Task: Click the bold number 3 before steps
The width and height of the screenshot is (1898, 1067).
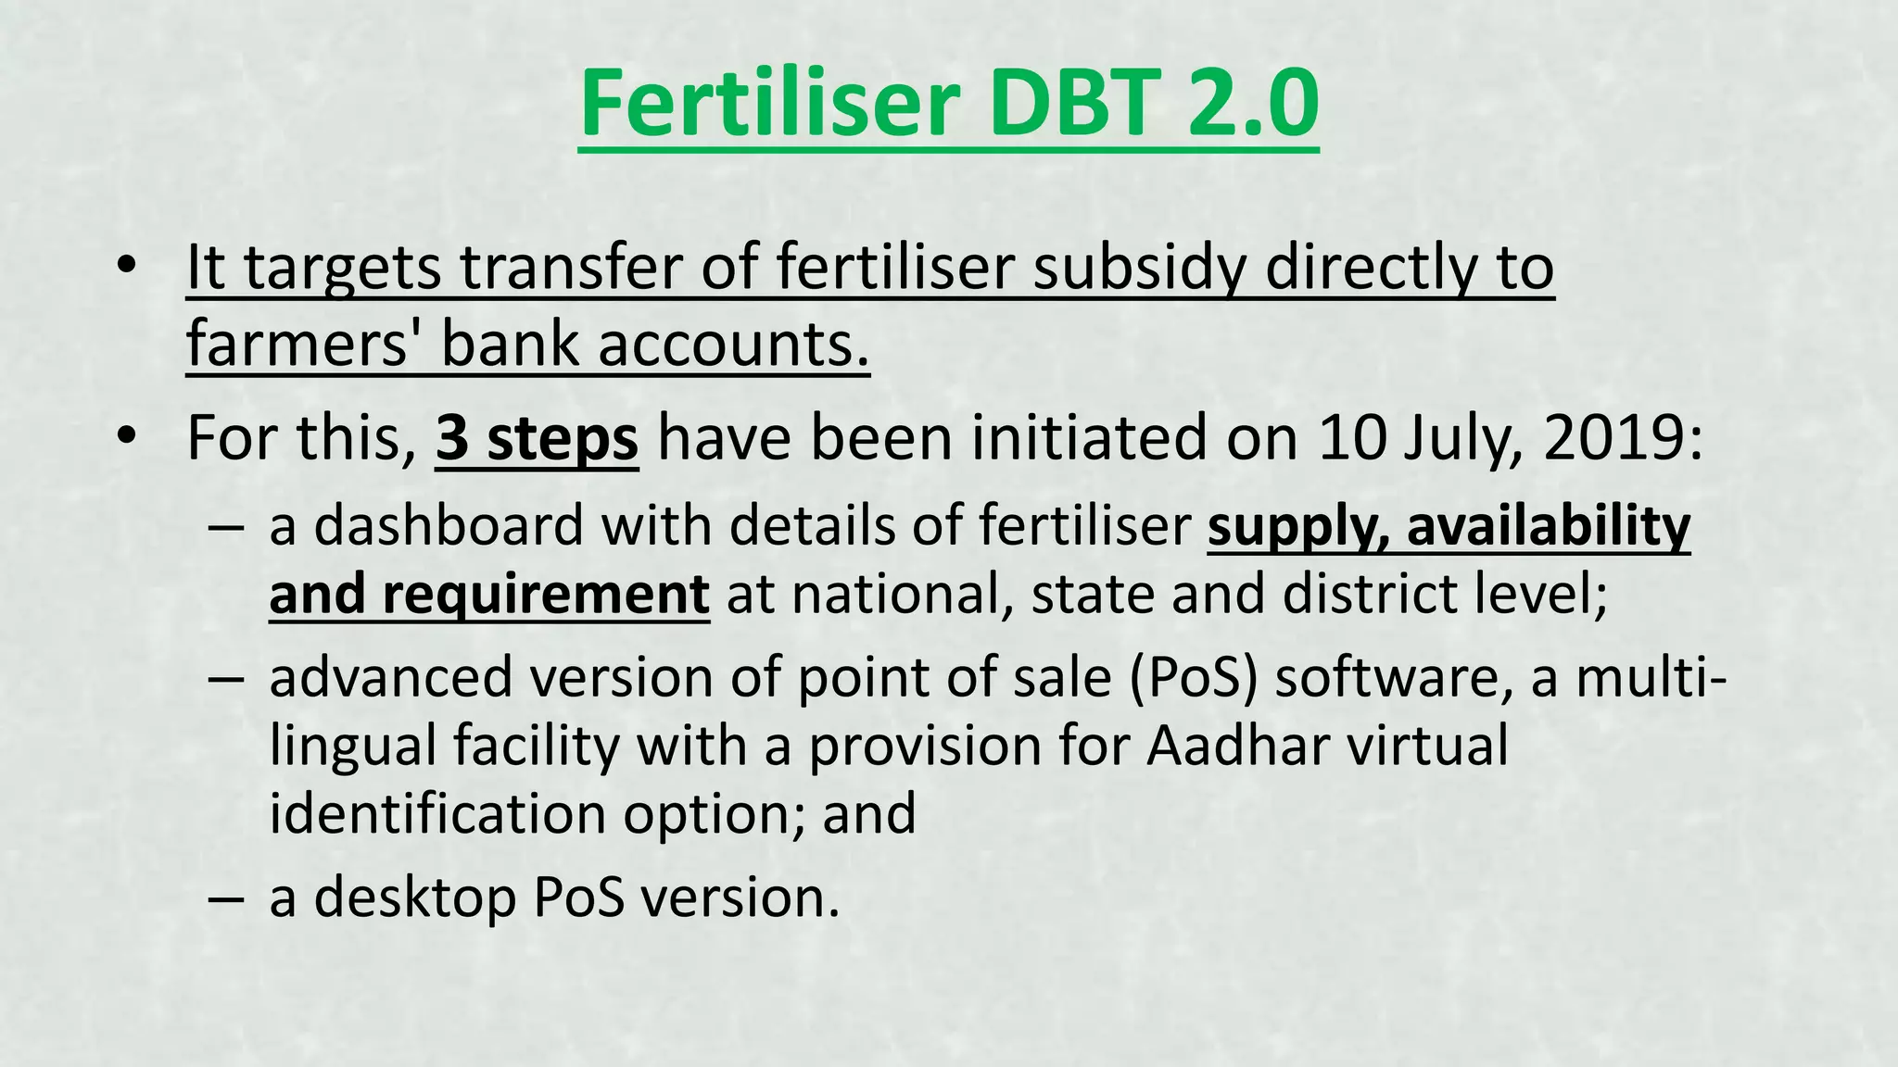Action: coord(451,438)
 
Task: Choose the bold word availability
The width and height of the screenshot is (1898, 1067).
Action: coord(1549,526)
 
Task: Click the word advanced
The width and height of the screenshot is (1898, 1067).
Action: coord(390,677)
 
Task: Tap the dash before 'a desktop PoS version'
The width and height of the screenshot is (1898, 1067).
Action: coord(226,898)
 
